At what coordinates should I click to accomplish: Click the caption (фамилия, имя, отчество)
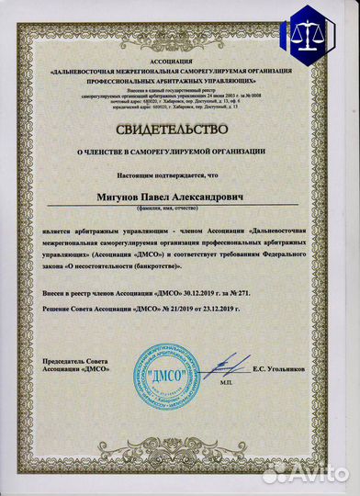[x=180, y=210]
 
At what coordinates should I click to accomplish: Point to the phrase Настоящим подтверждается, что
[x=180, y=172]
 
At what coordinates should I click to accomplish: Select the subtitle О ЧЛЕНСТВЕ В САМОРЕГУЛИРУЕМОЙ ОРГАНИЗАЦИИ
[x=180, y=150]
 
